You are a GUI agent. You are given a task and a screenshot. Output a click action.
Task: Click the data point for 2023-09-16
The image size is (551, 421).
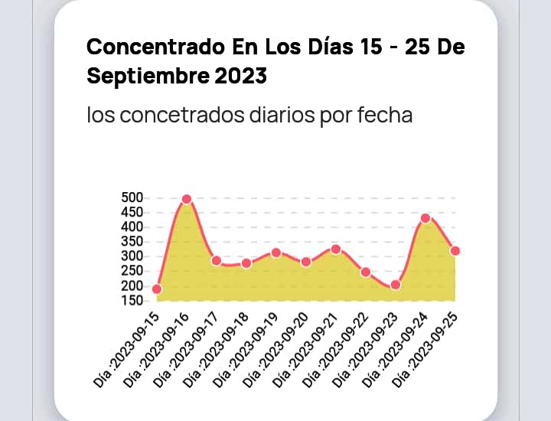pyautogui.click(x=186, y=199)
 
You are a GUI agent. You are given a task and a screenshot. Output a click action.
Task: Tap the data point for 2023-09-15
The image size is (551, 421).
pyautogui.click(x=157, y=289)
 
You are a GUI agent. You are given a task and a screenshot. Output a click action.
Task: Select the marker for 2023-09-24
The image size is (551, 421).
pyautogui.click(x=425, y=218)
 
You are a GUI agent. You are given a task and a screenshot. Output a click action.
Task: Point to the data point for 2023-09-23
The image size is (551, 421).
pyautogui.click(x=396, y=285)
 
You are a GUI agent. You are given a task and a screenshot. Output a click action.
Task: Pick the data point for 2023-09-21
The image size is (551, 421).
pyautogui.click(x=336, y=249)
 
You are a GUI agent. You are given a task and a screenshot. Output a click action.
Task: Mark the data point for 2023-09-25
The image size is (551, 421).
pyautogui.click(x=455, y=250)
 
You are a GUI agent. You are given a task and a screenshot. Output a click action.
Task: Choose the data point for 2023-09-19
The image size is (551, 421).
pyautogui.click(x=276, y=252)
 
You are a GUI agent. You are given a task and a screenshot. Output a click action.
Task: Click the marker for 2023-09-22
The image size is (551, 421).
pyautogui.click(x=366, y=272)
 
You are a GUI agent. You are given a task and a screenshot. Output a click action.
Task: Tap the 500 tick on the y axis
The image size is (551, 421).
pyautogui.click(x=132, y=197)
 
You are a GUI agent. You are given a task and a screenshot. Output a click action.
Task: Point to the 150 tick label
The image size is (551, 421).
pyautogui.click(x=132, y=300)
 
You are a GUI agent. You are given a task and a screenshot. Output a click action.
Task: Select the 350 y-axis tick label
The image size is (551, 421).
pyautogui.click(x=132, y=241)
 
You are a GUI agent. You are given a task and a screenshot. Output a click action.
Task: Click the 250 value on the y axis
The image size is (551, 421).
pyautogui.click(x=132, y=271)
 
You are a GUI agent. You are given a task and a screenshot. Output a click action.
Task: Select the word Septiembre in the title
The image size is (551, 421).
pyautogui.click(x=145, y=76)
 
